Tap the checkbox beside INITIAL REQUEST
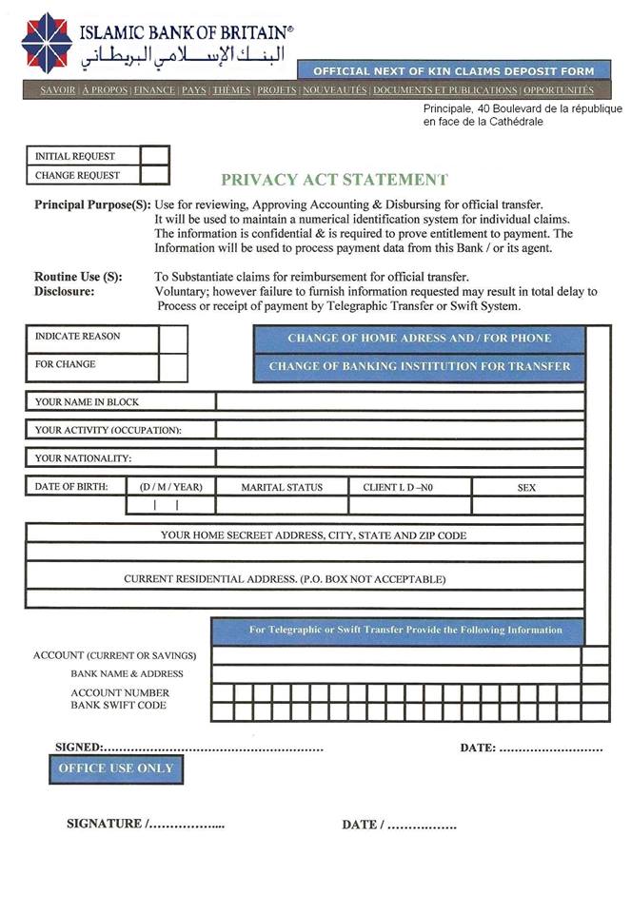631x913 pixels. [x=154, y=156]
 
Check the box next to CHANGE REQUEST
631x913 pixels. [x=154, y=175]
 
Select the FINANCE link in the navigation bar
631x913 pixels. [x=154, y=90]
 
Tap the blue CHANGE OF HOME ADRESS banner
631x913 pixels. [x=419, y=339]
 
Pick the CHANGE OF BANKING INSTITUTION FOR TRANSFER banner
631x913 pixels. [x=419, y=366]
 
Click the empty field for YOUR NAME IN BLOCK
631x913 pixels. [x=400, y=401]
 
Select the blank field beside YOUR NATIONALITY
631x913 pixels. [x=400, y=457]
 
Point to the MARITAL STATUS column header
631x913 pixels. [x=282, y=487]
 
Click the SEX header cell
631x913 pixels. [x=526, y=487]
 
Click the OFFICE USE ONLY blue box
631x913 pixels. [x=115, y=768]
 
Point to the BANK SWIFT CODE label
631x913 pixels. [x=118, y=706]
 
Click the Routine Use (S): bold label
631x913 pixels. [x=78, y=277]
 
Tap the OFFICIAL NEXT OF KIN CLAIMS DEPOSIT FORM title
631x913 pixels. [x=453, y=71]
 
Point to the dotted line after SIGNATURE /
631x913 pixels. [x=187, y=825]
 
